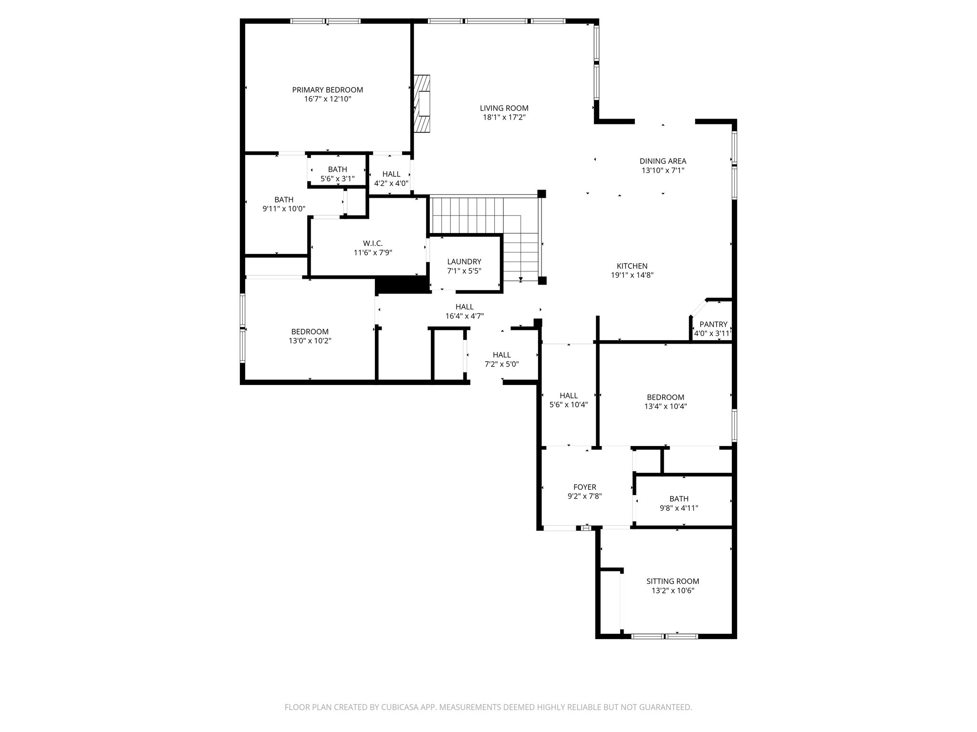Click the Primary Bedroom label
[x=327, y=90]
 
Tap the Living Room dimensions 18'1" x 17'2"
[x=504, y=117]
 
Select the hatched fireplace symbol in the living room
[x=422, y=103]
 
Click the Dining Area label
[x=663, y=161]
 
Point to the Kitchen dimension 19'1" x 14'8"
[x=632, y=275]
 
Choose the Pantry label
[x=713, y=324]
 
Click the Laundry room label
[x=464, y=262]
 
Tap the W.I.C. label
[x=373, y=243]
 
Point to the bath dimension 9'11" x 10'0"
[x=283, y=209]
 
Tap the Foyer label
[x=584, y=487]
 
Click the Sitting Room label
[x=672, y=581]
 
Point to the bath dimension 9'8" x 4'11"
[x=678, y=508]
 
